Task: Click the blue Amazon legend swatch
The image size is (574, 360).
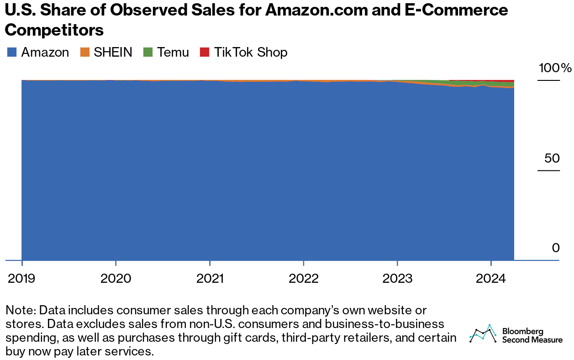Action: pos(12,53)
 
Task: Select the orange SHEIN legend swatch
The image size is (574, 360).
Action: pos(85,53)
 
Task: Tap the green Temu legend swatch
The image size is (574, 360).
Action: pos(148,53)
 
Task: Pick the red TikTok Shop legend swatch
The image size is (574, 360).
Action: pos(205,53)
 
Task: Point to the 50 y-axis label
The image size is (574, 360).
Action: pos(552,159)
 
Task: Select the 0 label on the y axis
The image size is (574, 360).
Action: pos(555,248)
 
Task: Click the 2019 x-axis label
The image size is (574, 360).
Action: pos(22,278)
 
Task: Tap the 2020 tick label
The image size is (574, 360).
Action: pos(116,278)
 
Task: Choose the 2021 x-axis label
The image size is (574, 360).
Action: pos(210,278)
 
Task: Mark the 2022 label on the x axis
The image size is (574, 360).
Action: pos(304,278)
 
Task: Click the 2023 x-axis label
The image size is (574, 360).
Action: pos(397,278)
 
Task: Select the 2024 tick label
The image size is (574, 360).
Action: pos(491,278)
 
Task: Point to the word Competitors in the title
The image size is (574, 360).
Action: pos(54,30)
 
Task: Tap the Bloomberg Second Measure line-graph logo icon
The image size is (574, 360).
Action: pos(483,334)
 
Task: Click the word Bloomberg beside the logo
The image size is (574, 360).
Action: pos(522,331)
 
